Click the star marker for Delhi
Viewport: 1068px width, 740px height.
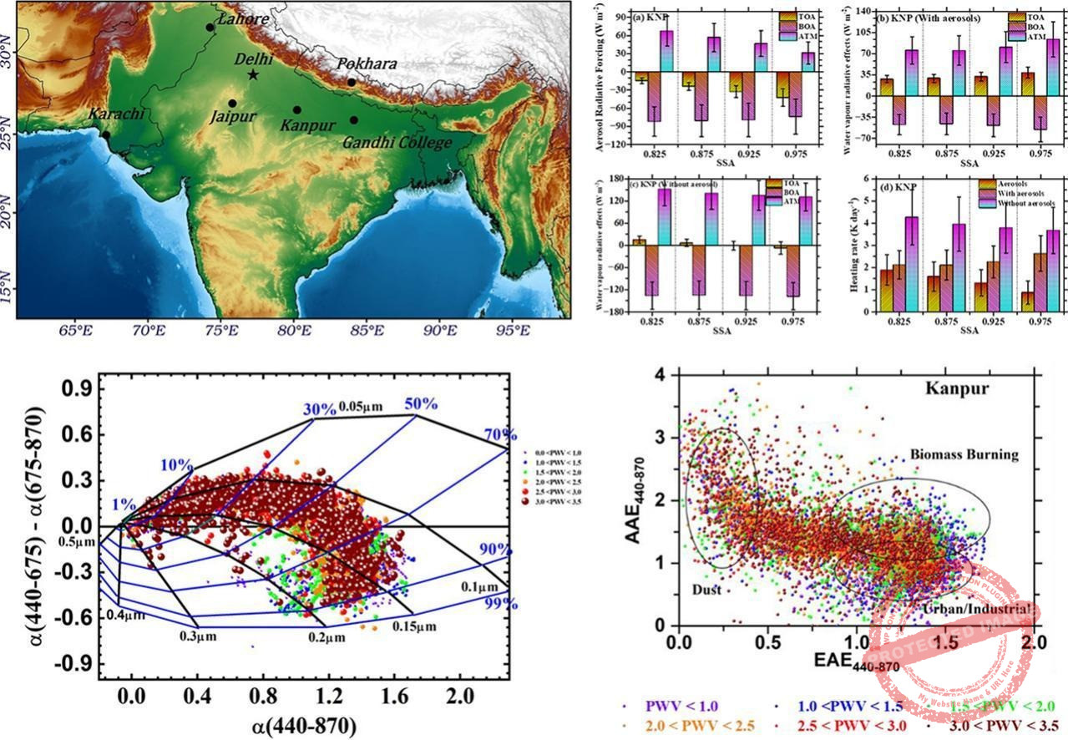click(253, 74)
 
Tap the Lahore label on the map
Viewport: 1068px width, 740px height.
click(242, 18)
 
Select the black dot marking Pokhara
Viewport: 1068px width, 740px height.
click(352, 82)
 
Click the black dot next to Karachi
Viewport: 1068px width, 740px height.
click(106, 134)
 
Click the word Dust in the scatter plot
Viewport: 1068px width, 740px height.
click(706, 589)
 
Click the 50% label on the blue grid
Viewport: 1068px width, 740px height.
click(423, 403)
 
